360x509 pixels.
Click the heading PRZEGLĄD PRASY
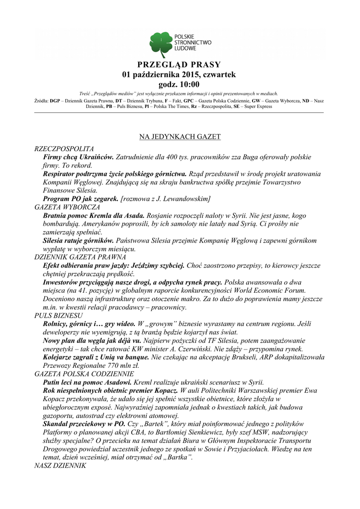180,65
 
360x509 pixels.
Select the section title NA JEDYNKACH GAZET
180,136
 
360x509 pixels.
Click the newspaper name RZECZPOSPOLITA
64,149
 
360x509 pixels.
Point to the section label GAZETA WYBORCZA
67,206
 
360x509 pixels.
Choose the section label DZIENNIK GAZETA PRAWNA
80,257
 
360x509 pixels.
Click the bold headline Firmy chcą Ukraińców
79,157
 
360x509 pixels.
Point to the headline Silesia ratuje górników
79,241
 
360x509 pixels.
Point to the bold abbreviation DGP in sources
55,101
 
